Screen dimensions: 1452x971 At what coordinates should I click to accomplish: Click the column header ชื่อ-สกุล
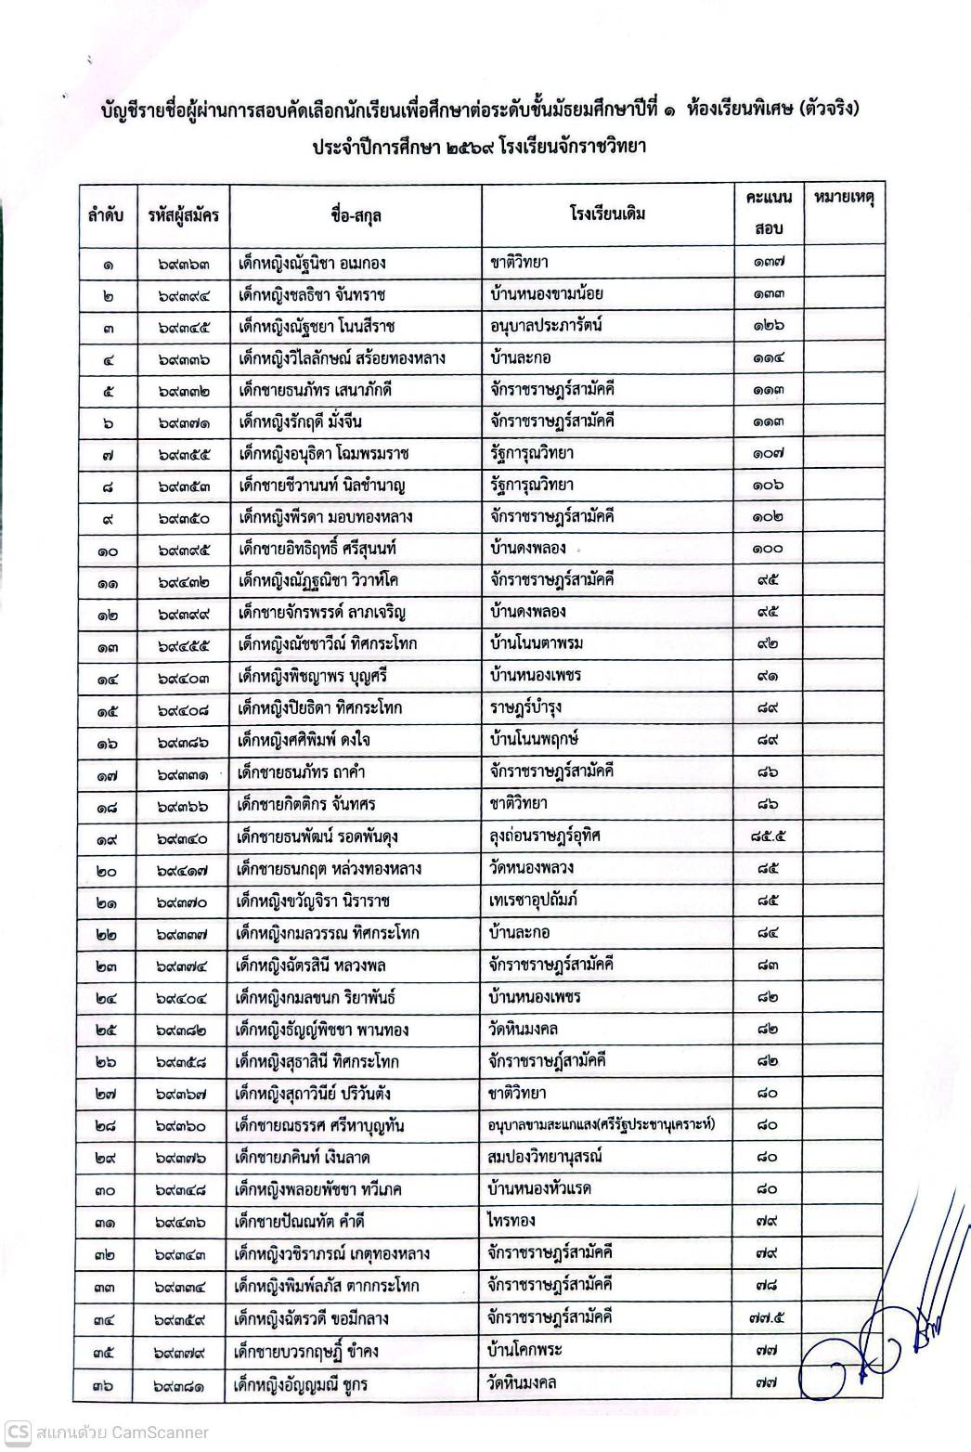[x=355, y=216]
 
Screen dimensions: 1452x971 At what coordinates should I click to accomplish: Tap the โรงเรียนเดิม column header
[x=607, y=214]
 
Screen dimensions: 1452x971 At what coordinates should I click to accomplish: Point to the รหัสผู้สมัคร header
[x=183, y=216]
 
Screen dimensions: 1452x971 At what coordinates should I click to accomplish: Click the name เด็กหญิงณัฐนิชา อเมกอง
[x=312, y=263]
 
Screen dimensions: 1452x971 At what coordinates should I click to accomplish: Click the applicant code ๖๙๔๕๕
[x=183, y=644]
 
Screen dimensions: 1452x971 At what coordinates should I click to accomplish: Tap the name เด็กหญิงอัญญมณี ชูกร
[x=303, y=1382]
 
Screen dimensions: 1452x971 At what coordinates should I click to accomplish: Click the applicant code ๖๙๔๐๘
[x=183, y=708]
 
